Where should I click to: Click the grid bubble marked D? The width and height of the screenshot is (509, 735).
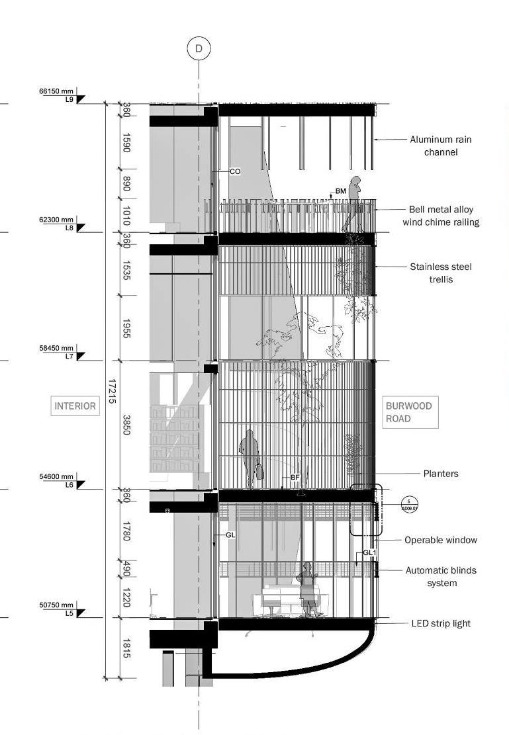(x=199, y=48)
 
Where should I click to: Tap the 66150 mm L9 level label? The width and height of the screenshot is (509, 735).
(x=58, y=95)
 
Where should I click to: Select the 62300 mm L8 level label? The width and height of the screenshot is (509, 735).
(x=58, y=223)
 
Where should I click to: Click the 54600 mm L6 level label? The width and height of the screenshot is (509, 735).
(x=58, y=480)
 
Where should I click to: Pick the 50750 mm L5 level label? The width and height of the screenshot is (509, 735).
(x=58, y=609)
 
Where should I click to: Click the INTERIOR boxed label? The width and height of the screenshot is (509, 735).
(x=75, y=406)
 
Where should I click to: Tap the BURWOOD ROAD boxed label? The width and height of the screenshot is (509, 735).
(x=410, y=412)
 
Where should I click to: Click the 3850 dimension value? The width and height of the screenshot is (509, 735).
(x=126, y=425)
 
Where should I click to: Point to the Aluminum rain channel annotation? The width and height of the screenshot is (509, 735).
(x=441, y=146)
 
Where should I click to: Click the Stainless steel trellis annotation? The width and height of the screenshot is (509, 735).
(x=441, y=273)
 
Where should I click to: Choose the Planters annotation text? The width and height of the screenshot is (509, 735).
(x=441, y=474)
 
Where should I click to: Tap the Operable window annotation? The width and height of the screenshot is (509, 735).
(x=441, y=540)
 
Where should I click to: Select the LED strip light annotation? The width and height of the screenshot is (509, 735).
(x=441, y=623)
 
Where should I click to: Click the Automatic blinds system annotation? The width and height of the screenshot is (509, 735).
(x=441, y=576)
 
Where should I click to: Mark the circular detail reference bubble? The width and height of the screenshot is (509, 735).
(x=410, y=504)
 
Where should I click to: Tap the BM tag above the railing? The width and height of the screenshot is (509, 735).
(x=340, y=191)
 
